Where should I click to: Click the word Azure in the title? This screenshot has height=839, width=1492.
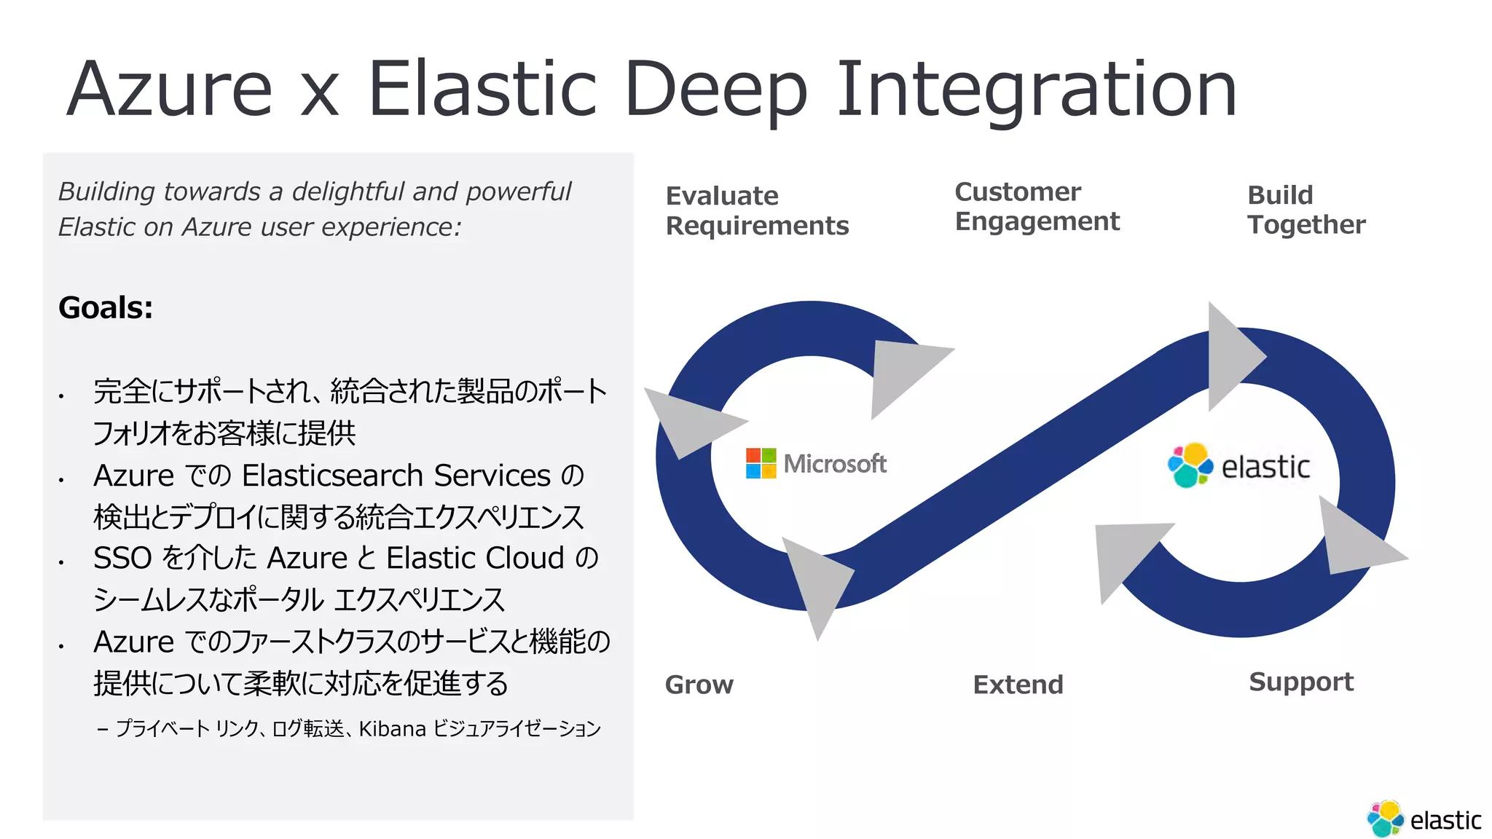[169, 89]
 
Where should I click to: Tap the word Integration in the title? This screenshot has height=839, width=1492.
[1036, 89]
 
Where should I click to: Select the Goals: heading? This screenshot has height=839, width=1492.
[106, 307]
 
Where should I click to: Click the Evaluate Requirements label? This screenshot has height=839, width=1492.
[756, 210]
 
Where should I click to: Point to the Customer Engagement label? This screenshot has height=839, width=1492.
[1036, 206]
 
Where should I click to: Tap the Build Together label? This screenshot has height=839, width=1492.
[1305, 210]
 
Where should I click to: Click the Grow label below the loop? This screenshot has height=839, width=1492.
[699, 685]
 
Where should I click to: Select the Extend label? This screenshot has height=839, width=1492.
[1018, 685]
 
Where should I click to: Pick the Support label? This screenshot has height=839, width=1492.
[1300, 682]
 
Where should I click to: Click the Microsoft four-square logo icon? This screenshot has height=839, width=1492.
[761, 463]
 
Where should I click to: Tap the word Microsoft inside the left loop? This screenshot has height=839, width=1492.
[835, 464]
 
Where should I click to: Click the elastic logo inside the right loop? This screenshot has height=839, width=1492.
[1238, 466]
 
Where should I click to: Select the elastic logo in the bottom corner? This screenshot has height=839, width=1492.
[1424, 819]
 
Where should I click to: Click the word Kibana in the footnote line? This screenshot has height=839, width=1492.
[392, 728]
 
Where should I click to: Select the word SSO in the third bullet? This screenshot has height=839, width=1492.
[122, 559]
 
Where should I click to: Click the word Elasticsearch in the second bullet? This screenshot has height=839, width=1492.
[332, 476]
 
